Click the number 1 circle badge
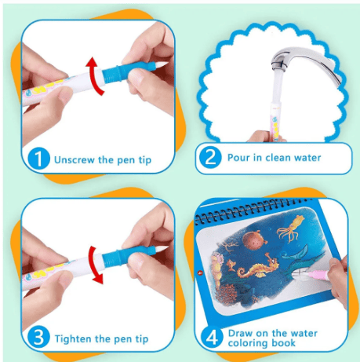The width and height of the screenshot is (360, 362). pos(38,159)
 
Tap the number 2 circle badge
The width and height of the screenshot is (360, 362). pos(210,157)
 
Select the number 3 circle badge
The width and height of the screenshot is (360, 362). pos(38,338)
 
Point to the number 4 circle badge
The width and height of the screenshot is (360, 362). pos(212,337)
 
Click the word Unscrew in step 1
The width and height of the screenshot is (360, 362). pos(75,159)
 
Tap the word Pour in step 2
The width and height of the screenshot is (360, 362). pos(238,158)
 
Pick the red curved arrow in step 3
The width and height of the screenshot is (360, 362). pos(93,265)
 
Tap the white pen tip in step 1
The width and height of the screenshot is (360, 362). pos(162,65)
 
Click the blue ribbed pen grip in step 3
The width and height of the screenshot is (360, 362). pos(111,258)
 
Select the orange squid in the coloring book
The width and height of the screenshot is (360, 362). pos(292,229)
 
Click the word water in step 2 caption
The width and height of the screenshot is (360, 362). pos(307,158)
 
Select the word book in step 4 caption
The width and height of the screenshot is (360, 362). pos(283,343)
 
